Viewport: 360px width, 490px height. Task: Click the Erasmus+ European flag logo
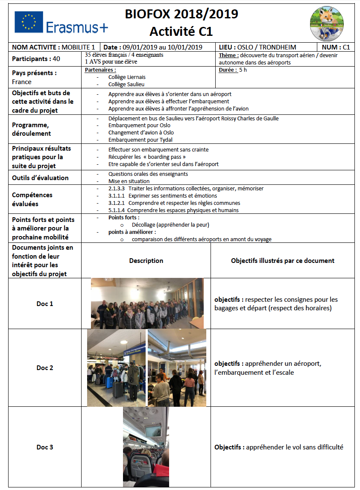(x=29, y=22)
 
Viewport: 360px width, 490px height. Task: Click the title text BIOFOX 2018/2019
(x=181, y=14)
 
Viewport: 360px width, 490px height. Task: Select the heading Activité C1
(x=181, y=32)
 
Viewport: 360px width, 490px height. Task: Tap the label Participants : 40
(x=36, y=59)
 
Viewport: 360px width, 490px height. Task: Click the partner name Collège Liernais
(x=127, y=77)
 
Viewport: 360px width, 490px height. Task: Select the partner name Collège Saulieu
(x=126, y=85)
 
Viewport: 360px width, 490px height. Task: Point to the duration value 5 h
(x=243, y=70)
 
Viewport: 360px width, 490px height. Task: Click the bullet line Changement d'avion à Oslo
(x=141, y=132)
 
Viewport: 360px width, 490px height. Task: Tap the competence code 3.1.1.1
(x=117, y=196)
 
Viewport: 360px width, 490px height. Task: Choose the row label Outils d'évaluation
(x=40, y=178)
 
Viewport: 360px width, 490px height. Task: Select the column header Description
(x=146, y=261)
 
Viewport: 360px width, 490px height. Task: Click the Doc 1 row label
(x=45, y=304)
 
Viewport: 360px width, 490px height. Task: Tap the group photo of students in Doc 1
(x=147, y=303)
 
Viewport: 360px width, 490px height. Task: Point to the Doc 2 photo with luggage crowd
(x=117, y=367)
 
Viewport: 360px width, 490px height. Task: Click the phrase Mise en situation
(x=129, y=181)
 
